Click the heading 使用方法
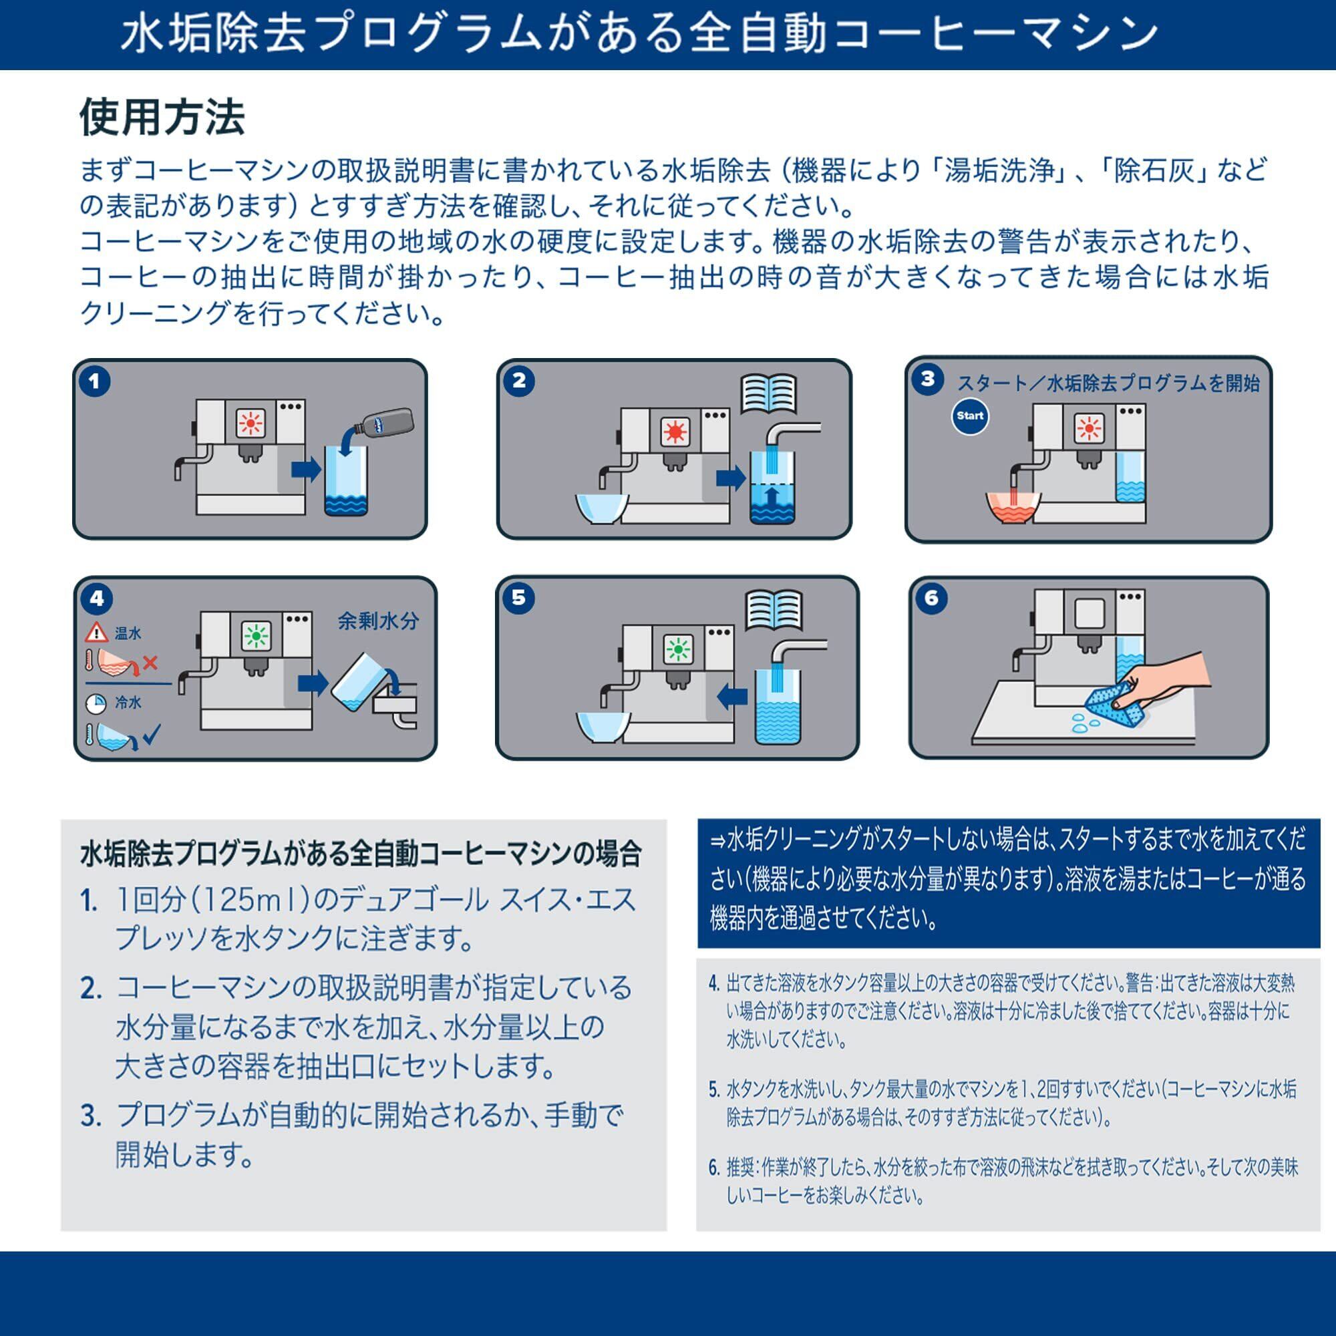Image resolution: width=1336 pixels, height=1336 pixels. [162, 117]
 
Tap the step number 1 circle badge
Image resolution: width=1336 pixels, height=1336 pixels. [95, 381]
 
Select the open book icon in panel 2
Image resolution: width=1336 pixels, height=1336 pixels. [768, 393]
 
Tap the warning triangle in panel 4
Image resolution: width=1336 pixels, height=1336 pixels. [96, 631]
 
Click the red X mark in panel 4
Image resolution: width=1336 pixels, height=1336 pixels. [150, 663]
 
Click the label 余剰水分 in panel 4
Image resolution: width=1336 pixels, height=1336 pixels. [378, 621]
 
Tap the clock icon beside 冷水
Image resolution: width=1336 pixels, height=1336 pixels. [96, 703]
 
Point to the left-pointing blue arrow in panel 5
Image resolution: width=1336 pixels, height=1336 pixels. [731, 696]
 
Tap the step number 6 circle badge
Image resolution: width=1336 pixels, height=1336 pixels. [931, 597]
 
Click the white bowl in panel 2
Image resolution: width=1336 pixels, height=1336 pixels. [603, 508]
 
